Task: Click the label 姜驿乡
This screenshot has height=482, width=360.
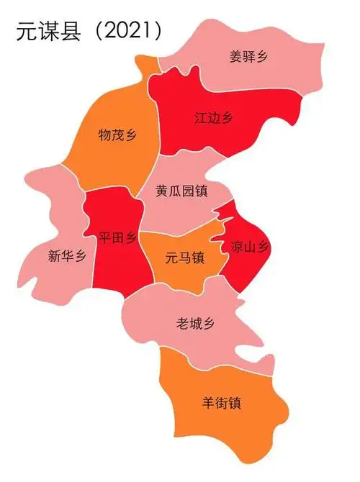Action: (248, 56)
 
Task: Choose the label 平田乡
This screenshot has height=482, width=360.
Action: (117, 238)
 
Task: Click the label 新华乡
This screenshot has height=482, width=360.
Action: (67, 256)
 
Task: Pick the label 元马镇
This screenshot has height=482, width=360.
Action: (185, 258)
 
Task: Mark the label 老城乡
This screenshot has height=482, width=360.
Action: (195, 324)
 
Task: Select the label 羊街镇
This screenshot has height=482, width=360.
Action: (222, 403)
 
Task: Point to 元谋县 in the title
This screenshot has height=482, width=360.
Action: (48, 31)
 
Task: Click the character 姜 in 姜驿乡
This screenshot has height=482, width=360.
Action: (235, 56)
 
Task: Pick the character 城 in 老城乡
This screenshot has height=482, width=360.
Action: (195, 324)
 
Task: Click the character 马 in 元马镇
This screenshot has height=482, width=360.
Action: (185, 258)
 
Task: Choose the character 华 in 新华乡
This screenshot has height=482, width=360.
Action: (67, 256)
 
